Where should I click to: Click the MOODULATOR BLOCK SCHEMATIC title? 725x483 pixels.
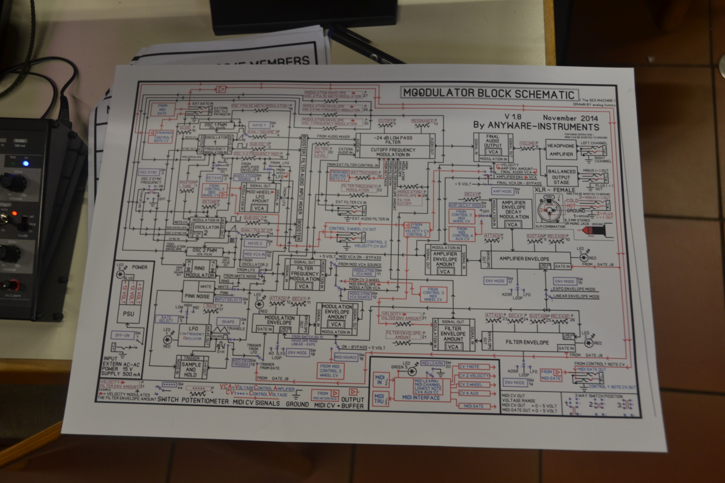click(x=489, y=94)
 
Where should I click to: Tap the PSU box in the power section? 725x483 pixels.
click(x=128, y=314)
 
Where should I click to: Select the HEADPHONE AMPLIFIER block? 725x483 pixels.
click(x=561, y=150)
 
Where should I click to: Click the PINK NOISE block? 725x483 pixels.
click(x=197, y=296)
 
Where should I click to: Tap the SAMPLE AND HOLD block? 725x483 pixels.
click(x=191, y=369)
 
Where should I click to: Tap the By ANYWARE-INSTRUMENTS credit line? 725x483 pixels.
click(x=536, y=126)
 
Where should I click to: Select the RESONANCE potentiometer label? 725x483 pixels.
click(x=423, y=121)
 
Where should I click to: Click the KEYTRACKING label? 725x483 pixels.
click(x=364, y=173)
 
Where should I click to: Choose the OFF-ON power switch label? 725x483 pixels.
click(x=122, y=335)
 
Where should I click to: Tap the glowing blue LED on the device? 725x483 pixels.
click(x=25, y=163)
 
